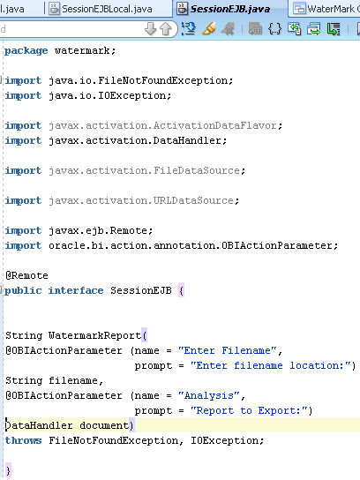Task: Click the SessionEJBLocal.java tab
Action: (x=101, y=9)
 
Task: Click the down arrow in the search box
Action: (x=151, y=29)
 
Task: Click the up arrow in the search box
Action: (x=166, y=29)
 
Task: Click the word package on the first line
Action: (x=26, y=51)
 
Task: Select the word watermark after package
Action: (x=82, y=50)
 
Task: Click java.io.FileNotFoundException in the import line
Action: (x=139, y=80)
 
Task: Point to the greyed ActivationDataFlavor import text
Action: (x=163, y=125)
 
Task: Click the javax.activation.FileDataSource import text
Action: (x=144, y=170)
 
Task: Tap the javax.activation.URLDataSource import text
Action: (x=141, y=200)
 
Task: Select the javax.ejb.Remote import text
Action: (x=98, y=230)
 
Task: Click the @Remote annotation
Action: (x=27, y=275)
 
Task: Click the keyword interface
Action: (x=76, y=290)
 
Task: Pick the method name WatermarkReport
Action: (x=94, y=335)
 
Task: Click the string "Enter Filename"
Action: (x=228, y=350)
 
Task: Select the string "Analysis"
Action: (x=209, y=395)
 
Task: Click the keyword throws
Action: (x=23, y=440)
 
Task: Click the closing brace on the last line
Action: (x=8, y=471)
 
